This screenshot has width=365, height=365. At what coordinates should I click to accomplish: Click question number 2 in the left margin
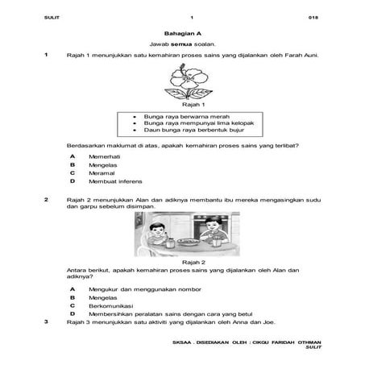(x=46, y=197)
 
